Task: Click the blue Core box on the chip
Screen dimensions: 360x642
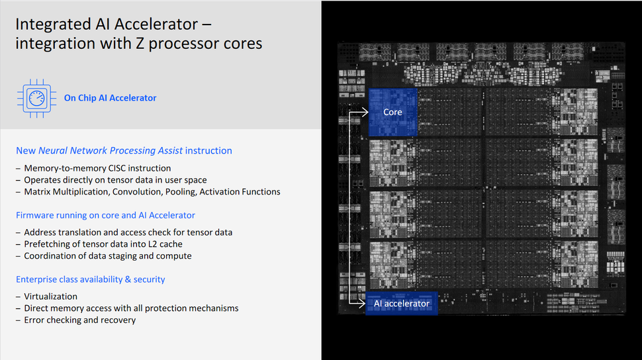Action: pyautogui.click(x=392, y=112)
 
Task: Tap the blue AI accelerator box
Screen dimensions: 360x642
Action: pyautogui.click(x=402, y=304)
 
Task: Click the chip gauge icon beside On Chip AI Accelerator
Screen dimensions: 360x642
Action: pyautogui.click(x=36, y=98)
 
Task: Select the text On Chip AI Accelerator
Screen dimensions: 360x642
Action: pyautogui.click(x=110, y=98)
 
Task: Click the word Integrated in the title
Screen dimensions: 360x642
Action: pyautogui.click(x=56, y=25)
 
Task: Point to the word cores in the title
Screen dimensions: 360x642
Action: pyautogui.click(x=241, y=44)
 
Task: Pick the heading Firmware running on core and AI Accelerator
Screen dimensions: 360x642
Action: pyautogui.click(x=105, y=215)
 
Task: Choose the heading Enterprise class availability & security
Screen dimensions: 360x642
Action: pyautogui.click(x=91, y=279)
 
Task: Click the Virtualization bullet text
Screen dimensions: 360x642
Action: pyautogui.click(x=50, y=296)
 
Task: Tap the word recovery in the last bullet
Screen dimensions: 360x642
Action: pyautogui.click(x=118, y=320)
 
